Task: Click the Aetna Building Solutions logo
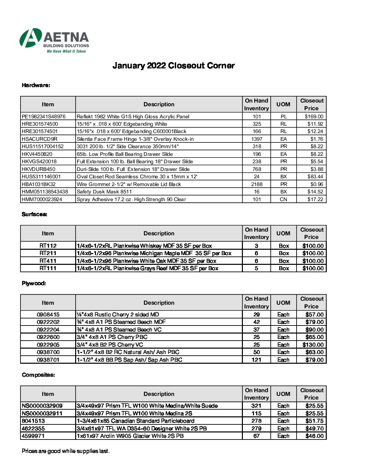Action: [x=54, y=41]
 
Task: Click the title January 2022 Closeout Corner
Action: [x=173, y=66]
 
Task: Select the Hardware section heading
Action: [x=36, y=85]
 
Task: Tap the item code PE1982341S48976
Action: [x=44, y=117]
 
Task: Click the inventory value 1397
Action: [x=257, y=139]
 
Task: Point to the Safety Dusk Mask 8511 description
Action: [x=104, y=192]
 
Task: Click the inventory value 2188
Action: [x=257, y=184]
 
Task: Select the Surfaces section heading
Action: [x=34, y=214]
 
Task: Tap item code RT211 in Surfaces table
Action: [x=48, y=253]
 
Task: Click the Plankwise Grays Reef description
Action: [x=148, y=269]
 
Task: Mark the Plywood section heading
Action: [x=34, y=283]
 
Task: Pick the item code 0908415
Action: [x=48, y=315]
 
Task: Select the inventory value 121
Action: [x=256, y=360]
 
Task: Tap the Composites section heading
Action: [x=38, y=375]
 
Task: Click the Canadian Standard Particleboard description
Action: [x=136, y=421]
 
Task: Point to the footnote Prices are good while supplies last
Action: [x=66, y=451]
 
